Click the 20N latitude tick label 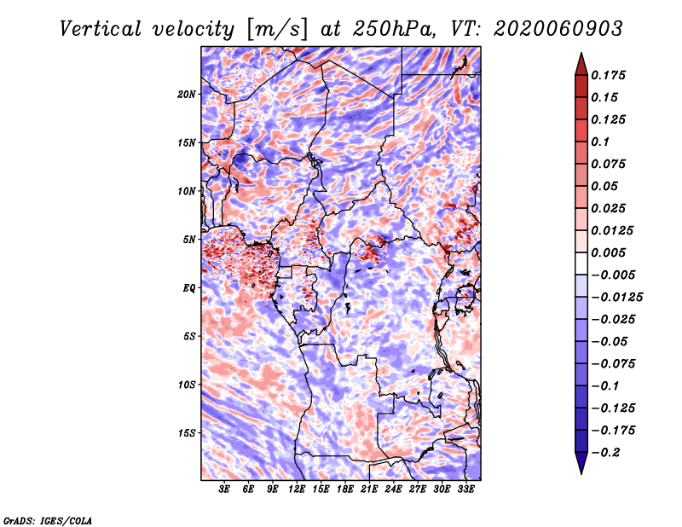tap(187, 94)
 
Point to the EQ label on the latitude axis tap(188, 288)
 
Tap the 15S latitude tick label tap(187, 433)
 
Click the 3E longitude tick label tap(225, 490)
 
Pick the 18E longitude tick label tap(345, 490)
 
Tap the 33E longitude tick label tap(465, 490)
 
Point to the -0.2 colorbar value tap(610, 452)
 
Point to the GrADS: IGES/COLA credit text tap(48, 519)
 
